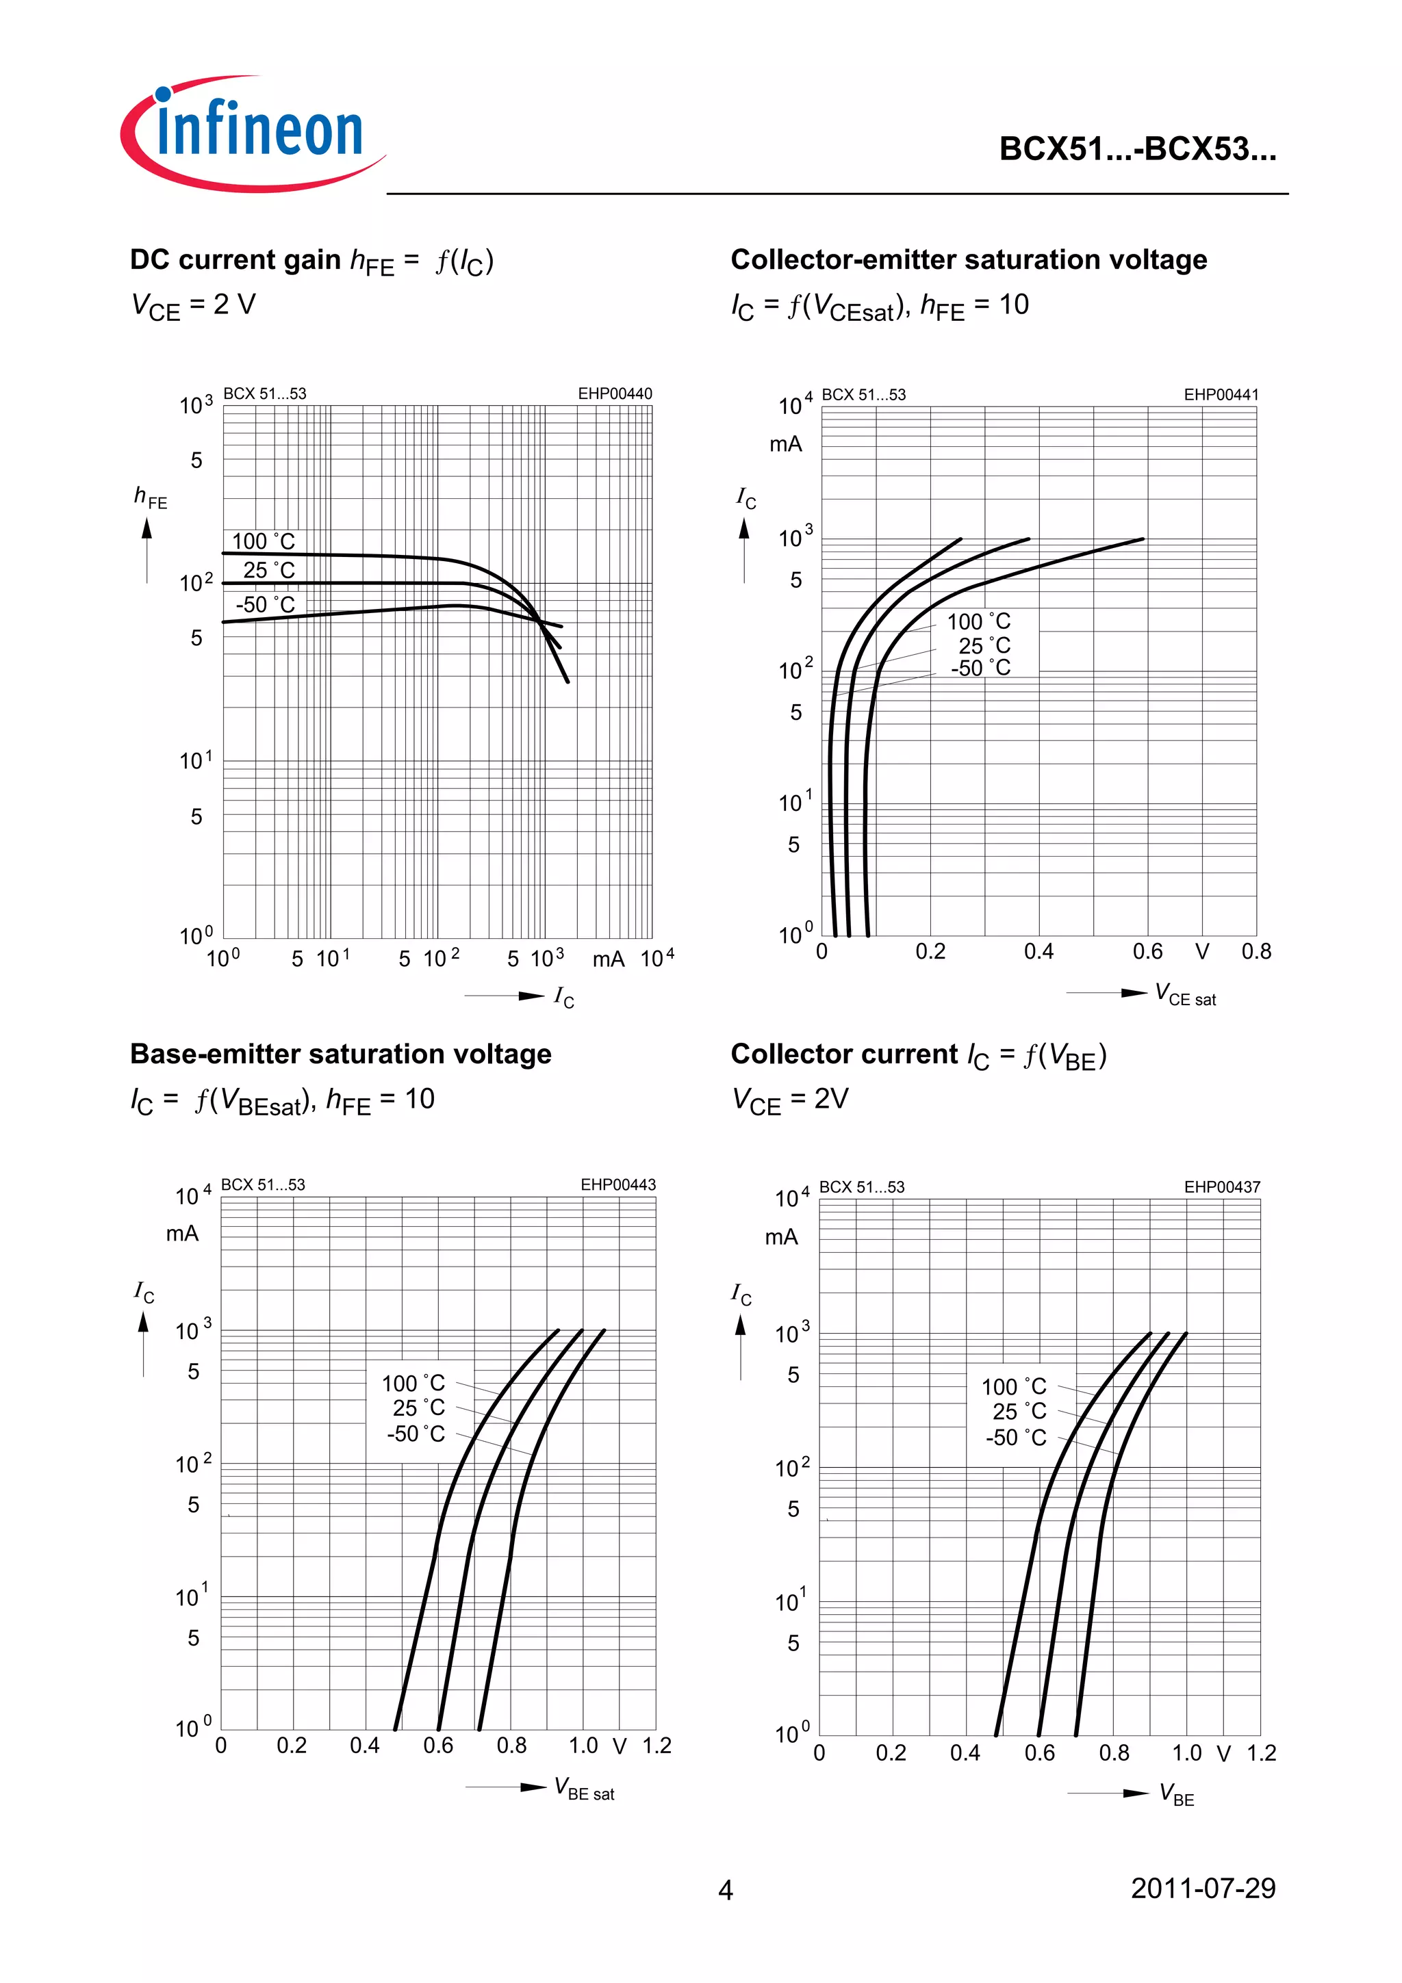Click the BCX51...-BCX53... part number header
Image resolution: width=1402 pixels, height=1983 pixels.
point(1138,149)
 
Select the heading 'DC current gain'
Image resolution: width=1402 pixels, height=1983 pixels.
point(235,259)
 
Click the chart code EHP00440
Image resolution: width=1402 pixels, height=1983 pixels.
point(615,394)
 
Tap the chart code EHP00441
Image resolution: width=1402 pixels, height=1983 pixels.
point(1221,395)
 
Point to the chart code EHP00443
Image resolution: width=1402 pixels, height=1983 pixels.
point(617,1185)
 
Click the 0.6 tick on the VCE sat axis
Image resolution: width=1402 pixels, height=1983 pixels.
point(1147,952)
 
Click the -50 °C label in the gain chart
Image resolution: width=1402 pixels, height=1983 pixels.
point(265,605)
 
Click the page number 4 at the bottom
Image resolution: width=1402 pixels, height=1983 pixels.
point(726,1891)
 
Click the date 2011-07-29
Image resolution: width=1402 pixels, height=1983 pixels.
point(1203,1888)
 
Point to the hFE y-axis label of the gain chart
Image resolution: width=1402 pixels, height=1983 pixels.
point(151,497)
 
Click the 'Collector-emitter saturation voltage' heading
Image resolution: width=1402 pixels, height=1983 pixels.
point(969,259)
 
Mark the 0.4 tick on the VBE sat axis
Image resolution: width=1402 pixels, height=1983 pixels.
point(365,1746)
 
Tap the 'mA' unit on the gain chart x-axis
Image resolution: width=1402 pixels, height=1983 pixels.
point(608,959)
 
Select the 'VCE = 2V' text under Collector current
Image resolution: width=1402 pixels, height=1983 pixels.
point(791,1100)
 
